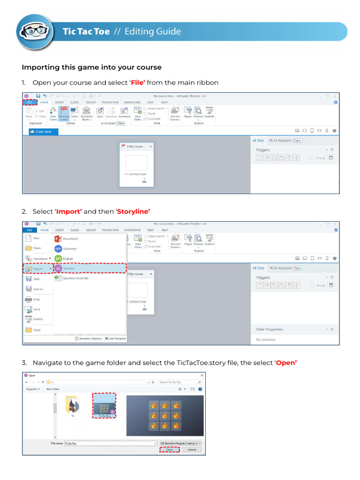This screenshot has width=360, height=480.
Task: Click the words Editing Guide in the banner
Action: tap(152, 31)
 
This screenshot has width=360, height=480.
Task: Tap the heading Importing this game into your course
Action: tap(91, 67)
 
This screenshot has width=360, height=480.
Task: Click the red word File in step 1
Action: tap(137, 82)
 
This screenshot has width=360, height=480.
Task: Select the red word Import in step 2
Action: tap(69, 211)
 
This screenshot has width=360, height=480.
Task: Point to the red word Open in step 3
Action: tap(286, 363)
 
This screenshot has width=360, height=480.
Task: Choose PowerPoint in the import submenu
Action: tap(70, 239)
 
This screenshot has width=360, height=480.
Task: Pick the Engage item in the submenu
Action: tap(67, 258)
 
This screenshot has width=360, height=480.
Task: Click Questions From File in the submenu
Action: tap(75, 278)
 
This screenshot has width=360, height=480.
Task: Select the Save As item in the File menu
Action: tap(37, 289)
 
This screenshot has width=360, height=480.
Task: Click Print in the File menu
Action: tap(37, 299)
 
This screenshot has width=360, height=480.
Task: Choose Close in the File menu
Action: tap(37, 330)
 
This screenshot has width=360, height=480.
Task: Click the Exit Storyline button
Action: tap(115, 338)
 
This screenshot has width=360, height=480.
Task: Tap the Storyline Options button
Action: tap(88, 338)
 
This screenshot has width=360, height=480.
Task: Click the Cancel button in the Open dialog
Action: tap(191, 450)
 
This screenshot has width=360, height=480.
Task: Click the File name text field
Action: tap(110, 443)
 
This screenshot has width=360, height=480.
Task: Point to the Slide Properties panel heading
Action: tap(270, 329)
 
